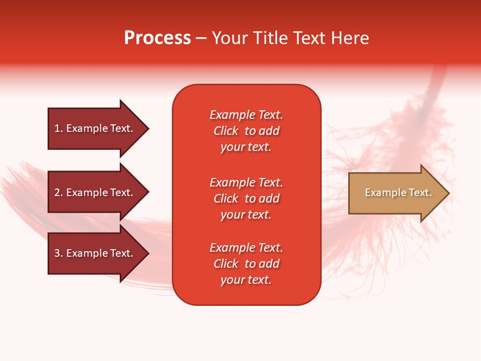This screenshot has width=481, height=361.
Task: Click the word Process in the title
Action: click(x=157, y=38)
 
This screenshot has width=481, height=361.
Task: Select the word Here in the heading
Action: click(x=350, y=38)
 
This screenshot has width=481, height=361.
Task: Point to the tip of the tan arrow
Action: click(x=448, y=193)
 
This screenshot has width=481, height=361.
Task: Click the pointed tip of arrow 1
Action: click(x=148, y=128)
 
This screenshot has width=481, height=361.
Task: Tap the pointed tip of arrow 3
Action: click(x=148, y=253)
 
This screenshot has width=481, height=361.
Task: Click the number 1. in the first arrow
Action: click(x=59, y=128)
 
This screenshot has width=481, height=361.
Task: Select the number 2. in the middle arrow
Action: click(x=59, y=193)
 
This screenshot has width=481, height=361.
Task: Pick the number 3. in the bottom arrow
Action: click(x=59, y=253)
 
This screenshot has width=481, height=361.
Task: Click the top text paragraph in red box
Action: click(x=246, y=131)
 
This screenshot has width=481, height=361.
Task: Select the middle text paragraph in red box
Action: click(x=246, y=199)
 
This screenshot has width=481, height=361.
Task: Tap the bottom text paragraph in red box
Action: click(x=246, y=264)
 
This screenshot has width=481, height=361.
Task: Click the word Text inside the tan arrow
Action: click(x=420, y=193)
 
